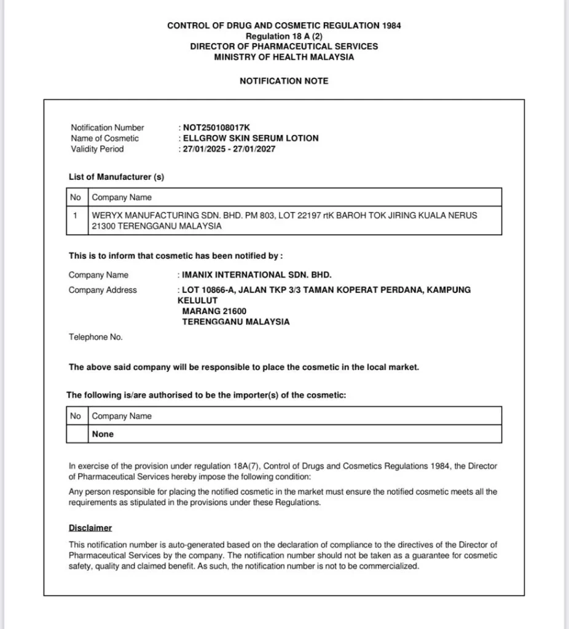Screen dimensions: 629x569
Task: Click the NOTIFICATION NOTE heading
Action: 284,81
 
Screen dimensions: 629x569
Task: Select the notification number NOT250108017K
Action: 217,128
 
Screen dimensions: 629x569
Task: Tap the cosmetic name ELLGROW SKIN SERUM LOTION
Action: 251,138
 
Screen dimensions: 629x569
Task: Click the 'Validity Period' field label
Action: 97,149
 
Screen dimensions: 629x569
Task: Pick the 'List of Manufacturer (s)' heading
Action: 116,177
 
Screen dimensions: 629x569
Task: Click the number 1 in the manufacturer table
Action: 75,216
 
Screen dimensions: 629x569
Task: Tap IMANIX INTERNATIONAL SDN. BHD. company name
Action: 257,275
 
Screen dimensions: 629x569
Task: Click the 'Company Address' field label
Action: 103,290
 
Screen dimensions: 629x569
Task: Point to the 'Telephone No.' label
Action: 95,337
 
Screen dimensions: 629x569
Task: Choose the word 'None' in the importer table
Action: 103,434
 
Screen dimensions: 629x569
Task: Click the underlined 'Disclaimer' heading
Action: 90,528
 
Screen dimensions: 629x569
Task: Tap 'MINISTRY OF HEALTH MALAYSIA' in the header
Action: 284,57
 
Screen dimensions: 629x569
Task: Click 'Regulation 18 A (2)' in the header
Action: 284,36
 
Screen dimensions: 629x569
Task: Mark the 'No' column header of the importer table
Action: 76,416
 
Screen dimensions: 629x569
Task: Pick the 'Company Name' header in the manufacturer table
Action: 122,198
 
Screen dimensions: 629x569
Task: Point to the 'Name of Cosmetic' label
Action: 104,138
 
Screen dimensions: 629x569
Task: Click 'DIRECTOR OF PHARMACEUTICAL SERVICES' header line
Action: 284,47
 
